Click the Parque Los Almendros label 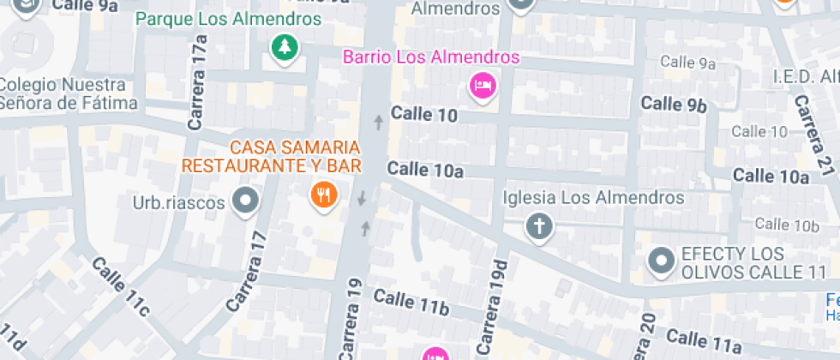click(x=229, y=19)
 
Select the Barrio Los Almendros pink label click(x=431, y=58)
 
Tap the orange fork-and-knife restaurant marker click(x=323, y=195)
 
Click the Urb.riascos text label click(x=178, y=202)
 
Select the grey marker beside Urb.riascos click(x=247, y=201)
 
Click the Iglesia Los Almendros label click(x=595, y=198)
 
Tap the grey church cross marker click(x=540, y=227)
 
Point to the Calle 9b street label click(x=674, y=105)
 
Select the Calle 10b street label click(x=789, y=225)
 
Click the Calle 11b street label click(x=411, y=302)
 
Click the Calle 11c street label click(x=120, y=285)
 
